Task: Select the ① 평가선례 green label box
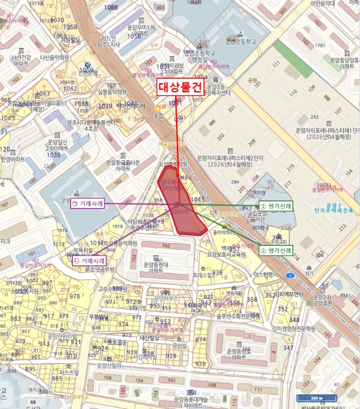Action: pyautogui.click(x=276, y=206)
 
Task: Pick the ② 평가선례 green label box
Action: pyautogui.click(x=276, y=250)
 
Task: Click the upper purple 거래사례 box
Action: pyautogui.click(x=87, y=204)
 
